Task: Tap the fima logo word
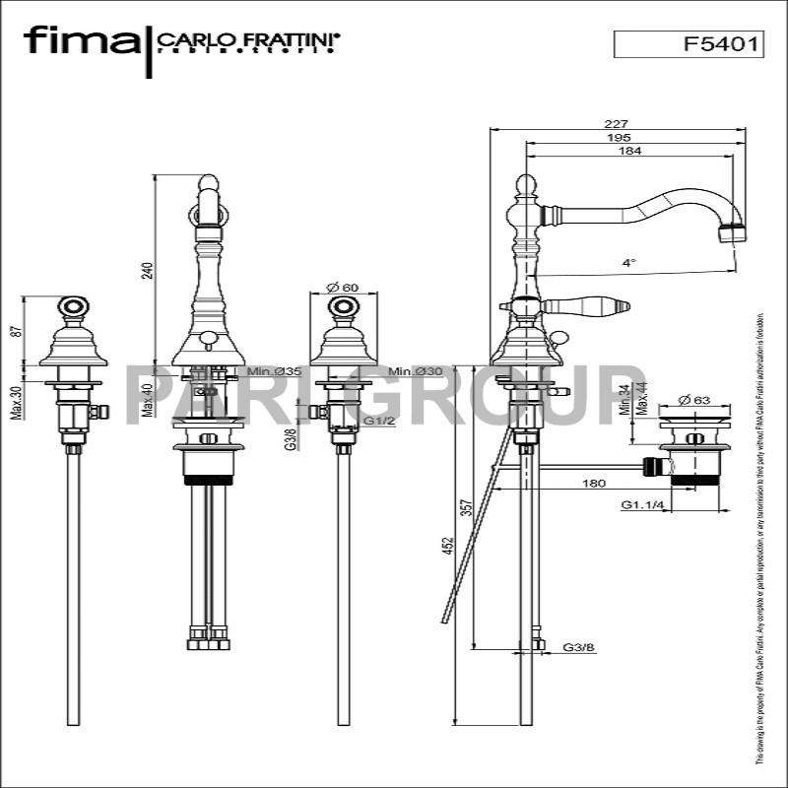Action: pyautogui.click(x=82, y=41)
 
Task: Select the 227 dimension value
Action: pyautogui.click(x=617, y=124)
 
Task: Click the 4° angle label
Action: pyautogui.click(x=629, y=263)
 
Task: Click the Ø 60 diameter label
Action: pyautogui.click(x=342, y=288)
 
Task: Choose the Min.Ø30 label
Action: pyautogui.click(x=415, y=371)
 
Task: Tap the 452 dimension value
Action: pyautogui.click(x=447, y=543)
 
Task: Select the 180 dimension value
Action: pyautogui.click(x=594, y=483)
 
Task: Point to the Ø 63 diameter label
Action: pyautogui.click(x=694, y=400)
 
